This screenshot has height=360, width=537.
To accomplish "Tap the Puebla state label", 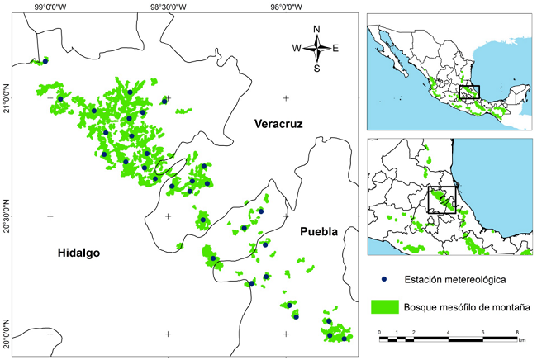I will click(x=319, y=232).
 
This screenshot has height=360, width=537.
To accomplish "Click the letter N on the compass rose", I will click(x=316, y=29).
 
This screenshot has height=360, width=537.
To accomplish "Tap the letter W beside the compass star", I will click(x=297, y=48).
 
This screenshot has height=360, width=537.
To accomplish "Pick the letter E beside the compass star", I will click(x=335, y=48).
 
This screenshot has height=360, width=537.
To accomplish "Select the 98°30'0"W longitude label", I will click(x=169, y=7).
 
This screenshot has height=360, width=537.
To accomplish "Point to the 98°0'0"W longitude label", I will click(x=286, y=7).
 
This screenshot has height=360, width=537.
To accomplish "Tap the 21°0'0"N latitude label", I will click(x=7, y=98).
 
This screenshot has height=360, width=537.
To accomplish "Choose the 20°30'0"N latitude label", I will click(x=7, y=216).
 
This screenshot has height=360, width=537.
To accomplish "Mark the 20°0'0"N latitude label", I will click(x=7, y=334).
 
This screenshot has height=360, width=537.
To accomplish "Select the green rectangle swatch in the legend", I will click(x=385, y=307).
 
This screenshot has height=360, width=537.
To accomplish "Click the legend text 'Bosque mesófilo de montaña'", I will click(x=466, y=308).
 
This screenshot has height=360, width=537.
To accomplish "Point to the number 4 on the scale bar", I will click(x=448, y=331).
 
